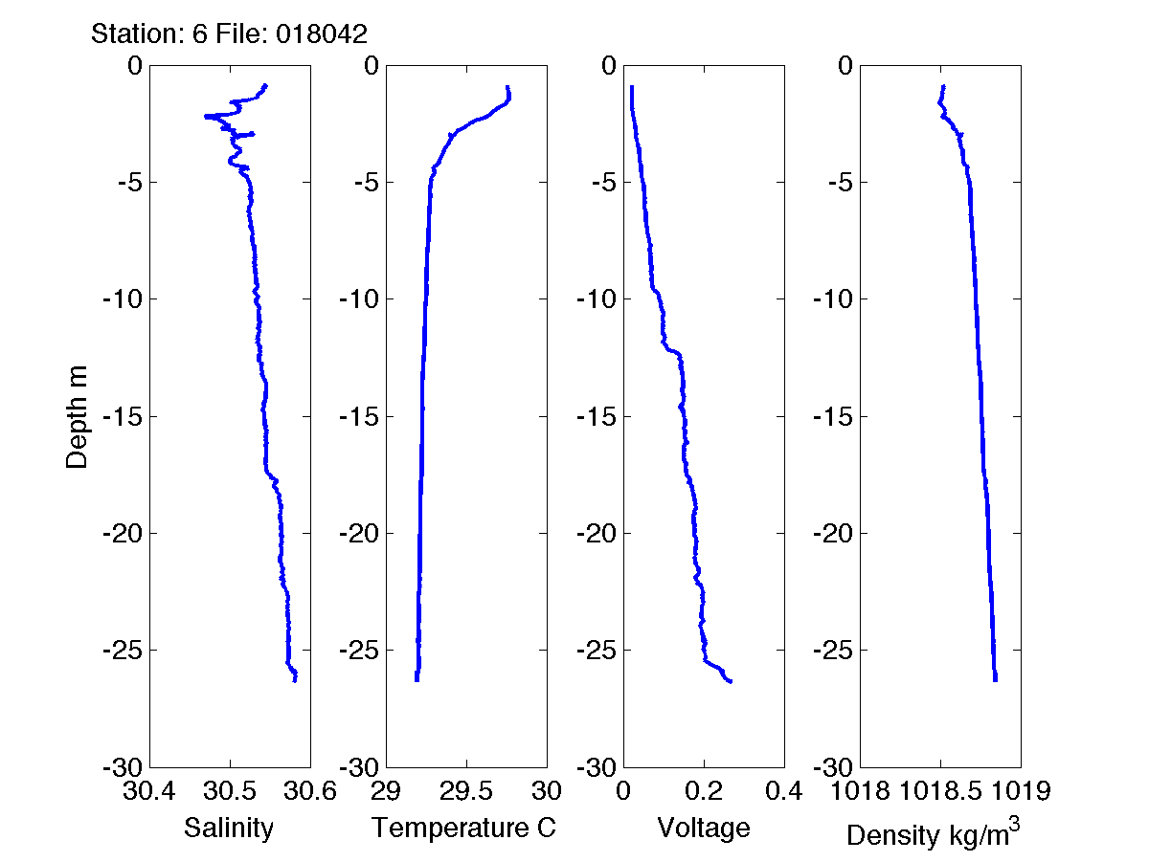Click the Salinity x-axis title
tap(229, 828)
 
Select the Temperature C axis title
tap(464, 828)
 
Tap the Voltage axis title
tap(703, 828)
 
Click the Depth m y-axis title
tap(77, 416)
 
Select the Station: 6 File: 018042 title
tap(229, 34)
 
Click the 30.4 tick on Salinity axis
tap(150, 791)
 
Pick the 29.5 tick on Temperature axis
tap(465, 791)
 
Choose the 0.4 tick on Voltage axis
tap(783, 791)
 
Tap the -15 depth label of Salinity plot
tap(122, 416)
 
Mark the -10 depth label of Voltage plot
tap(596, 299)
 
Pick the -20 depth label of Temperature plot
tap(359, 534)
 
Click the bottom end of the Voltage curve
tap(731, 681)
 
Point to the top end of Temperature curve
tap(507, 87)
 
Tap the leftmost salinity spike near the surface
tap(206, 116)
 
